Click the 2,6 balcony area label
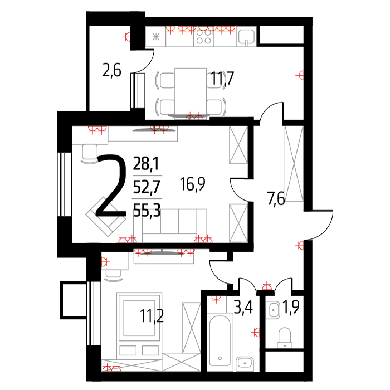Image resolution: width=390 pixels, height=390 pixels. click(x=111, y=70)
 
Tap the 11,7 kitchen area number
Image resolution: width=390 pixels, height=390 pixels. click(x=222, y=78)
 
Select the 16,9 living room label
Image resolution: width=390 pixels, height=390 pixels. click(x=193, y=184)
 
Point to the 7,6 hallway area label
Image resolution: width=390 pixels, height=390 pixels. click(x=276, y=198)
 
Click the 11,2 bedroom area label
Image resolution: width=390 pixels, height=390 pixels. click(x=152, y=316)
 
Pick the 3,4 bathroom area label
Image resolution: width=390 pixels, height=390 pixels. click(x=243, y=307)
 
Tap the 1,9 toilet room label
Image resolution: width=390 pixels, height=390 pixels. click(x=291, y=307)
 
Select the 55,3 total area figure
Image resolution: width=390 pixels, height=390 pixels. click(x=147, y=210)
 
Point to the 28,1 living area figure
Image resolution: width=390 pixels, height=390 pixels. click(x=146, y=163)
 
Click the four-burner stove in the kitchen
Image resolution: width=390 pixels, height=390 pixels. click(x=203, y=37)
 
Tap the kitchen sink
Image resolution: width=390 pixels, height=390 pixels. click(x=246, y=37)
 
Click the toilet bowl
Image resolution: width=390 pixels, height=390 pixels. click(x=285, y=338)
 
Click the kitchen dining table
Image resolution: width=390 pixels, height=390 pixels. click(x=191, y=92)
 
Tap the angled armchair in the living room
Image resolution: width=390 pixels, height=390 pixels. click(x=106, y=216)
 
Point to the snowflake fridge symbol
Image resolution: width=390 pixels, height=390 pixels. click(x=155, y=37)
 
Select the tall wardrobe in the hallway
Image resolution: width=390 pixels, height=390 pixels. click(x=294, y=163)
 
